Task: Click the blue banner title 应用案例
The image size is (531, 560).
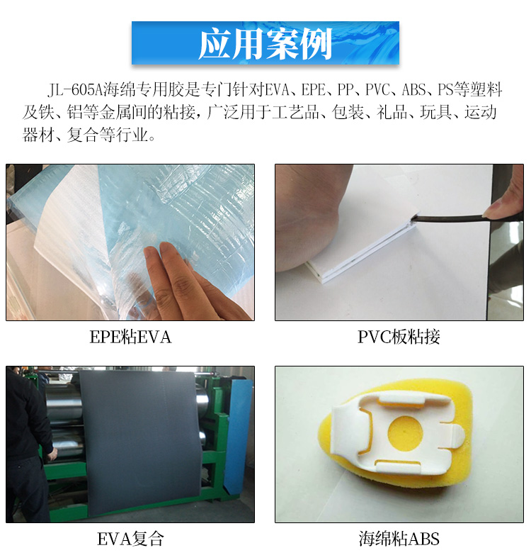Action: coord(265,44)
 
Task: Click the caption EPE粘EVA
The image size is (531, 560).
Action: coord(130,337)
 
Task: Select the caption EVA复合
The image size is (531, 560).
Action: coord(130,539)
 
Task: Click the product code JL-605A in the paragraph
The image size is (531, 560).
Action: coord(74,91)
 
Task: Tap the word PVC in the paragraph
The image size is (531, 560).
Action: coord(377,91)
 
